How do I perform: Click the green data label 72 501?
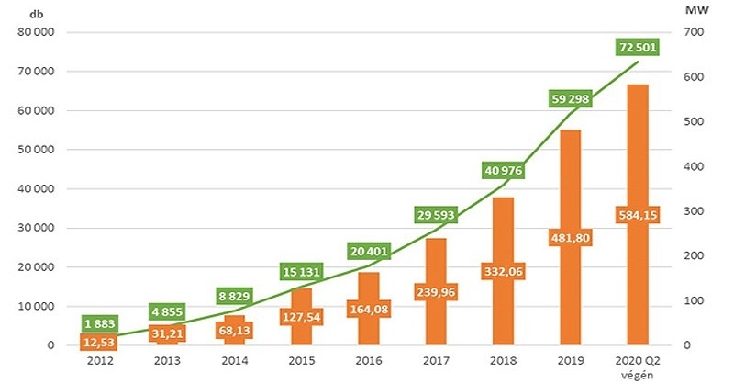pos(638,47)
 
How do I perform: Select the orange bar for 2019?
pos(570,237)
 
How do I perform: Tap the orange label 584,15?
pos(638,215)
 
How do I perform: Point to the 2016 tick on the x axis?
pos(369,360)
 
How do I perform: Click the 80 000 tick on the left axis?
pos(37,32)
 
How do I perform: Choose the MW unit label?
pos(696,10)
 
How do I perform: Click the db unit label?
pos(36,14)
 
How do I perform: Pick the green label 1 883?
pos(100,323)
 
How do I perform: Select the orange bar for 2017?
pos(436,291)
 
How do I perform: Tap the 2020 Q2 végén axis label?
pos(638,367)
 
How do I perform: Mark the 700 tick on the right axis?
pos(694,32)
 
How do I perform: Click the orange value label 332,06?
pos(503,272)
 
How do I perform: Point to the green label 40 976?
pos(503,170)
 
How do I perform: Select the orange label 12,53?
pos(100,342)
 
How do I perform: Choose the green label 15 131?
pos(302,272)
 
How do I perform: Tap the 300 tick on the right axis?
pos(694,211)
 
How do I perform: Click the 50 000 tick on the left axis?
pos(37,149)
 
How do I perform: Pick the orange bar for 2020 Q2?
pos(638,215)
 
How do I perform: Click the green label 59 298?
pos(570,99)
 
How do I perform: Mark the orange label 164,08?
pos(369,309)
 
